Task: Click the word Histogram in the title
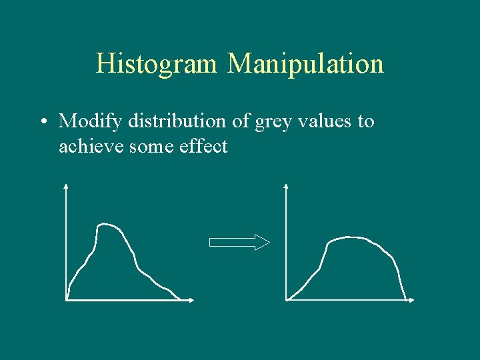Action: click(157, 64)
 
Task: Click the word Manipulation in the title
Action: click(305, 64)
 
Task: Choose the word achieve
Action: click(85, 146)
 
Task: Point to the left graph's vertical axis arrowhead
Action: click(66, 186)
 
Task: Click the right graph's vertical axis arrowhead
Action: click(286, 186)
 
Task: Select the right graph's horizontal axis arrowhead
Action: click(411, 300)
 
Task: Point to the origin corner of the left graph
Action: click(67, 300)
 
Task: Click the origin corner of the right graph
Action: click(287, 300)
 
